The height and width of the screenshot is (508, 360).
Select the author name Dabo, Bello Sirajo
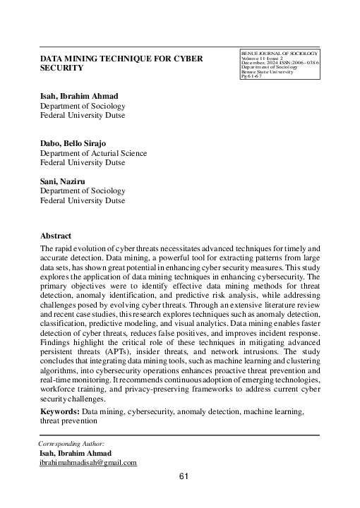(76, 143)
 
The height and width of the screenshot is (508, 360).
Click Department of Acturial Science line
(92, 152)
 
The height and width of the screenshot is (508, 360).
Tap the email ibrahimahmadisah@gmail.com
(88, 463)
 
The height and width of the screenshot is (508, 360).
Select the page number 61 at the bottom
(184, 477)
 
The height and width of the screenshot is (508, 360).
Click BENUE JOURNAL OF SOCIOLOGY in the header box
(280, 54)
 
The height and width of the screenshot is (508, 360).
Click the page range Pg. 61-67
(253, 77)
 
